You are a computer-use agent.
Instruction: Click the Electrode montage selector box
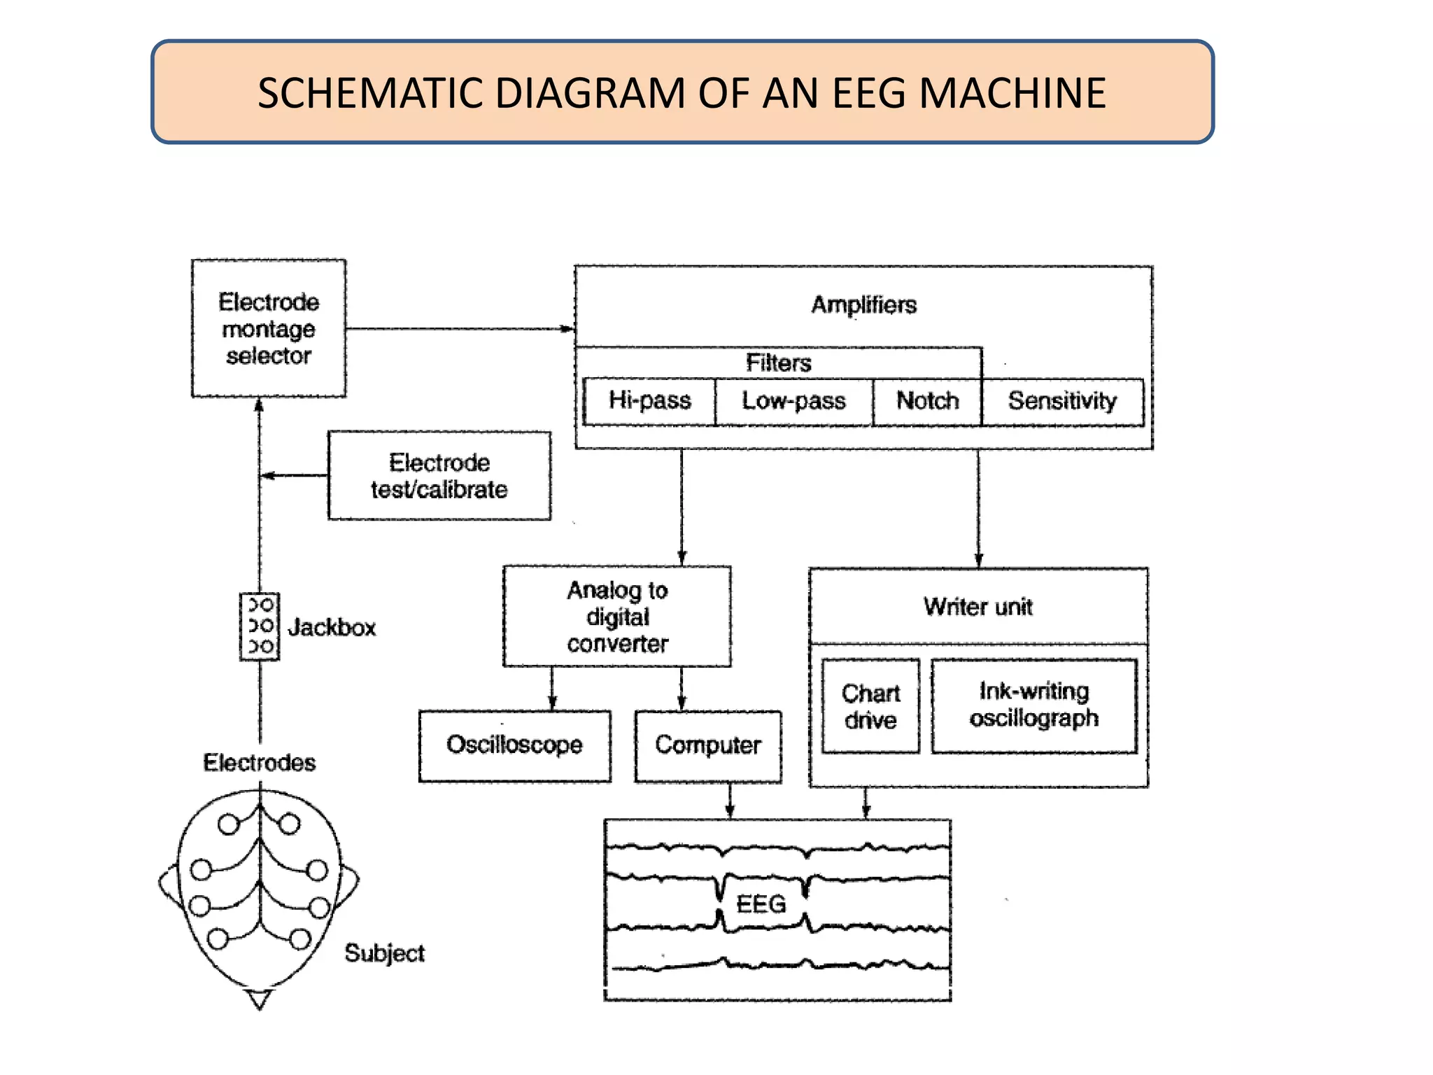(269, 328)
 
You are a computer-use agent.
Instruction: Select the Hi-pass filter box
(649, 401)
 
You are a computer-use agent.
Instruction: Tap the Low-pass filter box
(793, 401)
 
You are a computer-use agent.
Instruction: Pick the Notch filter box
(927, 401)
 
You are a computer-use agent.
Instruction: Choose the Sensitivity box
(1062, 401)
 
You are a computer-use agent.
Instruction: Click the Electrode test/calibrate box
(439, 476)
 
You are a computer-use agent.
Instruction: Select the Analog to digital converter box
(617, 617)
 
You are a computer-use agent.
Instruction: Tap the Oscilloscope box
(514, 745)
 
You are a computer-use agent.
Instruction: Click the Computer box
(707, 745)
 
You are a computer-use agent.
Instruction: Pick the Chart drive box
(870, 706)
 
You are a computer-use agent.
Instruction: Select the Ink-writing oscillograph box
(1033, 705)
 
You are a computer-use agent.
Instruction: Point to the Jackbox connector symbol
(260, 626)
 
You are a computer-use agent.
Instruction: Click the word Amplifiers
(863, 305)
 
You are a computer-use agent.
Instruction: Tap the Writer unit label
(977, 607)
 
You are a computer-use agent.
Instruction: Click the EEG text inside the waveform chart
(761, 904)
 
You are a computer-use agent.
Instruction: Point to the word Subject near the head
(384, 953)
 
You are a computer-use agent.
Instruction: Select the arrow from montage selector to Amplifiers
(459, 328)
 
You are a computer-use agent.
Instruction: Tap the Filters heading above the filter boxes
(778, 363)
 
